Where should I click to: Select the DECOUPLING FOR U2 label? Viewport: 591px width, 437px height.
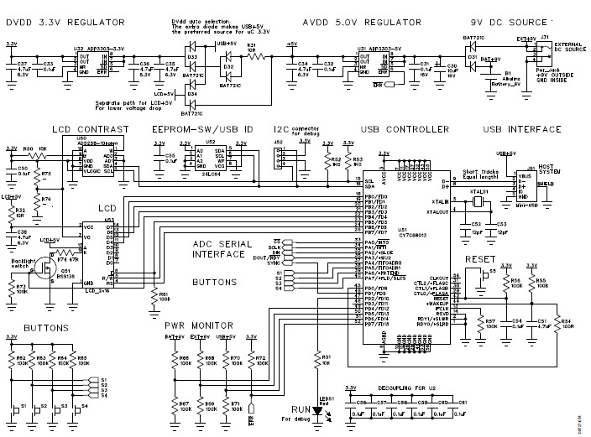420,386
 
